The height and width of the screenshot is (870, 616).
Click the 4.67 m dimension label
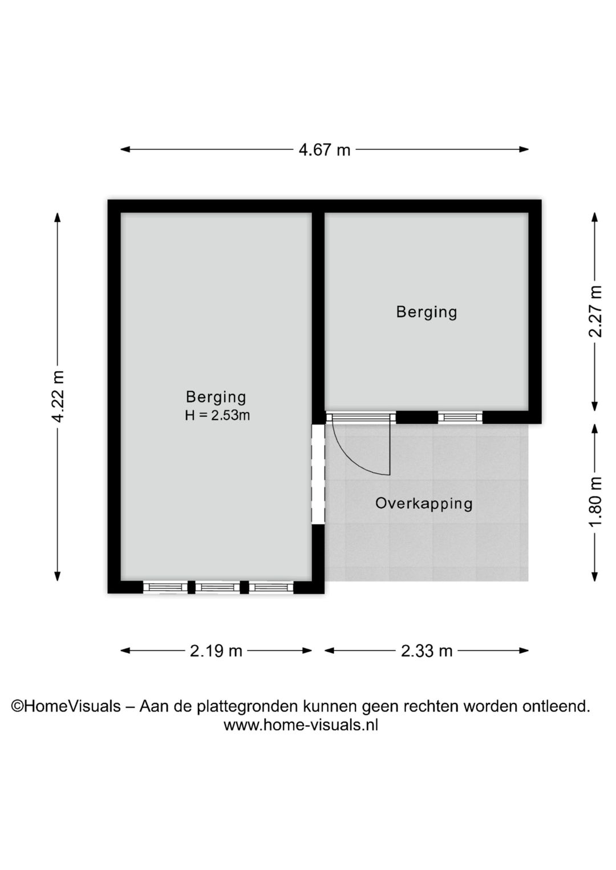[x=325, y=150]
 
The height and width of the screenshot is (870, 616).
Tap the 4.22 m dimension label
[x=58, y=397]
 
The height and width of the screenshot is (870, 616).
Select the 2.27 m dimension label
[x=595, y=311]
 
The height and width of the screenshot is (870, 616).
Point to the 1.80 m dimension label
[x=595, y=502]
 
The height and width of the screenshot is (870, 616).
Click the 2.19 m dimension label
[x=216, y=651]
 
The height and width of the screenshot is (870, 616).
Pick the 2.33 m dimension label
[x=427, y=651]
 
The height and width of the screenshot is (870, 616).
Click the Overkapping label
[x=424, y=503]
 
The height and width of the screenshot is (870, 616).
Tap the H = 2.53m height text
[x=217, y=416]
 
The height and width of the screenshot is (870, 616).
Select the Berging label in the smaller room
[x=427, y=312]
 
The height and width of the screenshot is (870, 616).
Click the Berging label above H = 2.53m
[x=216, y=397]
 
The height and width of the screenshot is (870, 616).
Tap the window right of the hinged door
[x=460, y=417]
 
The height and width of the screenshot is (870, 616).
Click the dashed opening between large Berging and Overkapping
[x=318, y=473]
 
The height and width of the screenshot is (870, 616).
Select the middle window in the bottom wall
[x=217, y=587]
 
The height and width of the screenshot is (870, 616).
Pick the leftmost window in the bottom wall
[x=165, y=587]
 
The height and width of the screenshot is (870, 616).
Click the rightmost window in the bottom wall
[x=271, y=587]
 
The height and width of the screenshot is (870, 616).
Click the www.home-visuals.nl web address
[x=301, y=725]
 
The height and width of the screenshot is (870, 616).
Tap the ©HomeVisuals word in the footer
[x=66, y=706]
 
